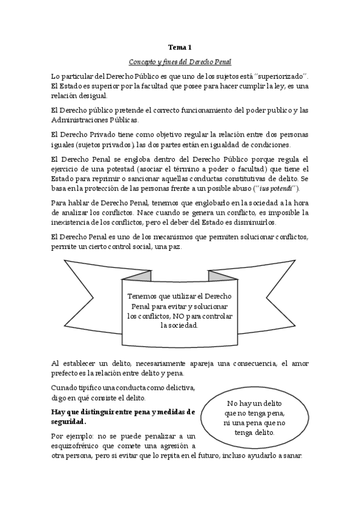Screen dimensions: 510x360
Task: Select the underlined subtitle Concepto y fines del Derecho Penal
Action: tap(180, 62)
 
